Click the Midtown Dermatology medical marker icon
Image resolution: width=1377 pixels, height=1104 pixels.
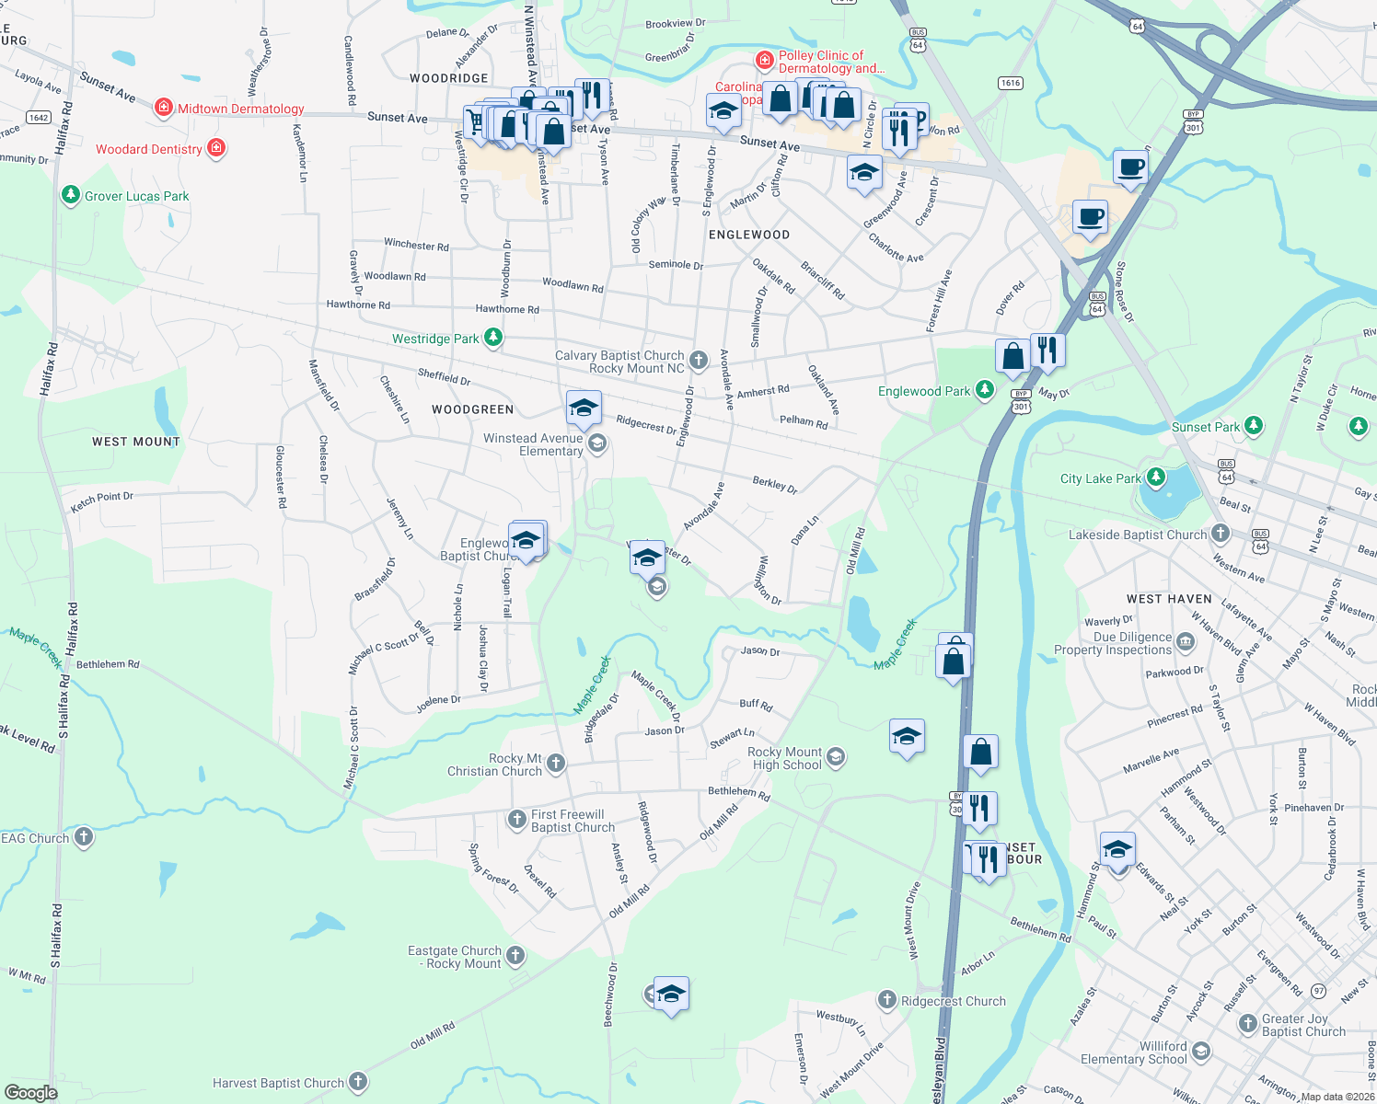click(163, 109)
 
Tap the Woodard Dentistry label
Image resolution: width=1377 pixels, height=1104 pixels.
click(149, 149)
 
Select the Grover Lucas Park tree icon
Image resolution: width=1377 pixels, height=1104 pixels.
click(71, 195)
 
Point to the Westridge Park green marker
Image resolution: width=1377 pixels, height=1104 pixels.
click(493, 339)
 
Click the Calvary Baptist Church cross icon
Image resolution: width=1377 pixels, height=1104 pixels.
click(699, 361)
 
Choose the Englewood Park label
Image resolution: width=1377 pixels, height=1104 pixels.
click(923, 391)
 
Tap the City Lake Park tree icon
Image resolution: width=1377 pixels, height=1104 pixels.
click(1155, 477)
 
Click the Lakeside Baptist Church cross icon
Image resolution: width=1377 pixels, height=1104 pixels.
click(1221, 534)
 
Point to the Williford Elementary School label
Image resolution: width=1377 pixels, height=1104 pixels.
click(1134, 1052)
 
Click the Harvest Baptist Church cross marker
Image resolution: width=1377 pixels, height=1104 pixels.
click(358, 1083)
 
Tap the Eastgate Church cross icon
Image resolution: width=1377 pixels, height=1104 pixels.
click(515, 956)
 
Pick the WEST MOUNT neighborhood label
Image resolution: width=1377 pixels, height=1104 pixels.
click(136, 442)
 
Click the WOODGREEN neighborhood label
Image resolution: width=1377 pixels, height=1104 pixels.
click(473, 409)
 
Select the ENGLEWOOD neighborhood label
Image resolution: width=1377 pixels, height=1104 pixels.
click(749, 235)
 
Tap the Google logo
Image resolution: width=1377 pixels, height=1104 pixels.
click(30, 1092)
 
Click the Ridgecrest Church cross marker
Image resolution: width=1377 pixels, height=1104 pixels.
click(886, 1000)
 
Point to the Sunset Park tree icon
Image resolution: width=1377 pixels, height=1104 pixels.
click(1254, 426)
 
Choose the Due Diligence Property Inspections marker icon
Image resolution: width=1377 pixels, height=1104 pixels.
click(1186, 641)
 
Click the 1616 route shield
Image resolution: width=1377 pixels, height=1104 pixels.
click(1011, 83)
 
